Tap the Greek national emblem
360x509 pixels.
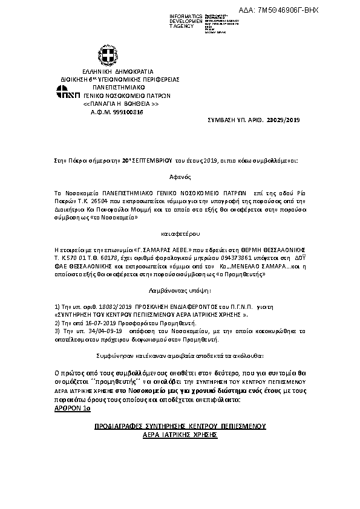[x=108, y=57]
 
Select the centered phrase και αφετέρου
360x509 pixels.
[x=180, y=233]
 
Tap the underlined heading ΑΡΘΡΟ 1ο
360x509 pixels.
[x=72, y=409]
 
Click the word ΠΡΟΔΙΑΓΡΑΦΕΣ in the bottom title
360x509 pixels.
[x=121, y=426]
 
